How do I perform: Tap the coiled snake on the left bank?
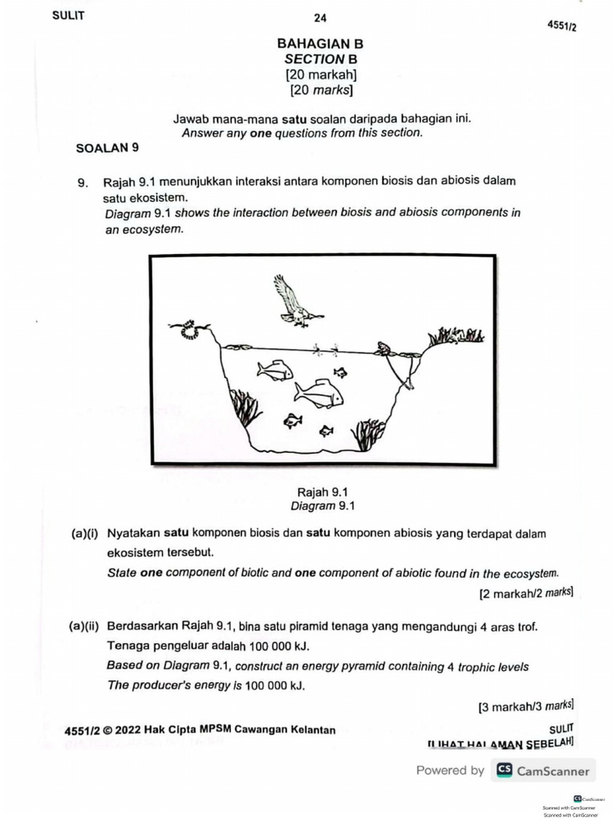(x=189, y=329)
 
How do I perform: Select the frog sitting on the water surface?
(x=387, y=350)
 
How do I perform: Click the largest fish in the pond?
(x=318, y=394)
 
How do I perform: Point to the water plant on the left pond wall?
(x=245, y=407)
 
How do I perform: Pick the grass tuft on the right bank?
(x=456, y=336)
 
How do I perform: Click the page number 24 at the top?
(x=320, y=18)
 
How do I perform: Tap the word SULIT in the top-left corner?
(x=68, y=14)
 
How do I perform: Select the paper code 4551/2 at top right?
(x=561, y=26)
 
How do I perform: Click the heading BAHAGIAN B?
(x=320, y=44)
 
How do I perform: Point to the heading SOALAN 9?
(x=107, y=148)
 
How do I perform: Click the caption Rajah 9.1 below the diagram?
(x=322, y=492)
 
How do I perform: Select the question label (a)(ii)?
(x=86, y=626)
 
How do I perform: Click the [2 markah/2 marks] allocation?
(x=525, y=593)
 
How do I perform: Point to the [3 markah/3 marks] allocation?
(x=525, y=706)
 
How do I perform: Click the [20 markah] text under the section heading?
(x=321, y=75)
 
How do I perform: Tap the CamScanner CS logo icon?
(x=504, y=770)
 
